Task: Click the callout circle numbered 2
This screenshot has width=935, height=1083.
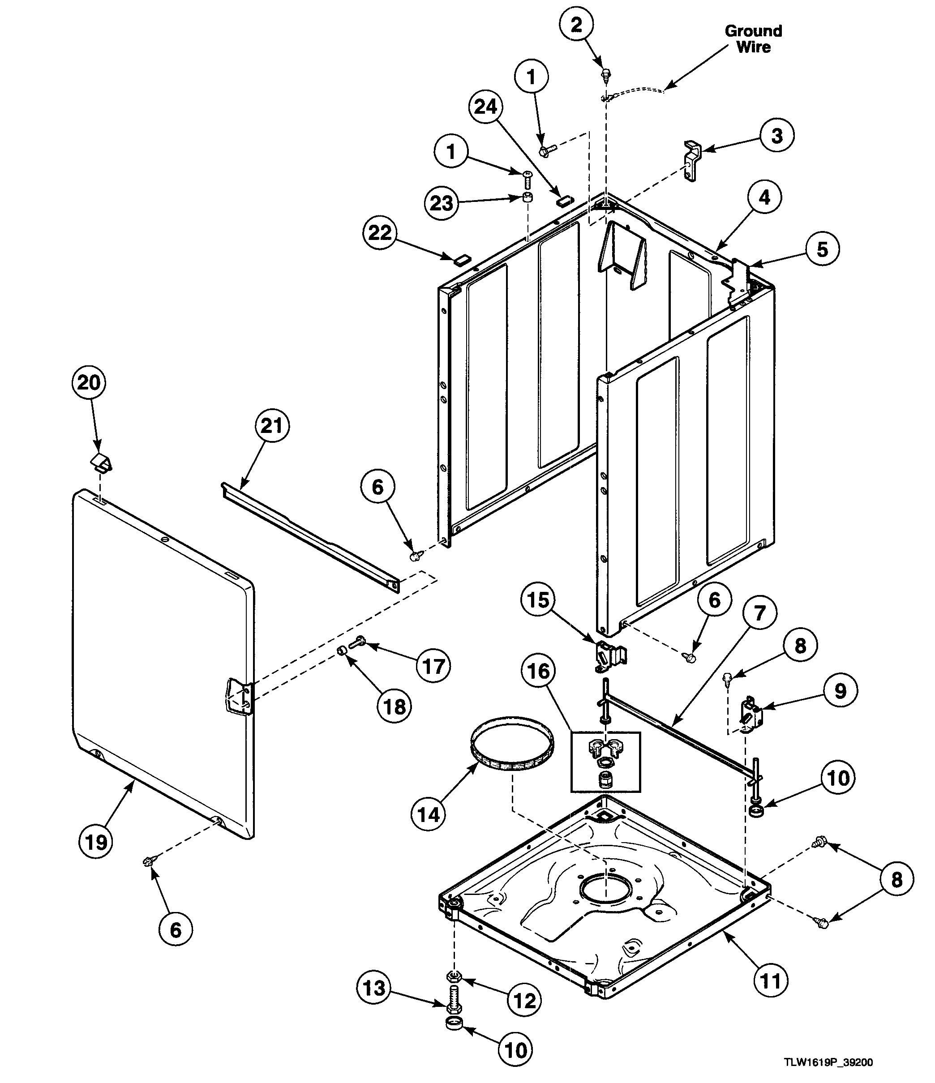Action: tap(576, 25)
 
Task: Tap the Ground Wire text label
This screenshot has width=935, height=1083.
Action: tap(753, 39)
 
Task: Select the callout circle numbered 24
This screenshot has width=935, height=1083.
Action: tap(485, 107)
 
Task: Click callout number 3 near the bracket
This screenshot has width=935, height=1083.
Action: tap(777, 136)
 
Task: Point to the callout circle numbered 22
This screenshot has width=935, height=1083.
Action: tap(380, 233)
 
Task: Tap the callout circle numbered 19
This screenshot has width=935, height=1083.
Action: tap(97, 842)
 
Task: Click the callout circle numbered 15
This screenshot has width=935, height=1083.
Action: tap(538, 600)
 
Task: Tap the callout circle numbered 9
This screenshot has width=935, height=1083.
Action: tap(840, 691)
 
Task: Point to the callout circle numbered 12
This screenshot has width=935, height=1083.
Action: tap(525, 1001)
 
